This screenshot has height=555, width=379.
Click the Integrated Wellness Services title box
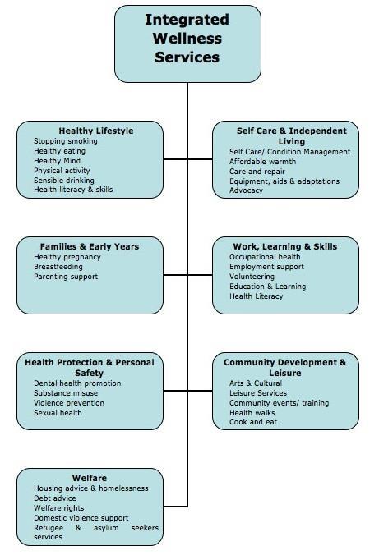click(x=187, y=44)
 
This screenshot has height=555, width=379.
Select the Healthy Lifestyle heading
click(x=96, y=131)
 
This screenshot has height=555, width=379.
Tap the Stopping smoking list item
click(x=66, y=141)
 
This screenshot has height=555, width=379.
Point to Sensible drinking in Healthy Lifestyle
click(x=64, y=180)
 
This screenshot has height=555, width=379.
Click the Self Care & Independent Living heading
click(x=291, y=136)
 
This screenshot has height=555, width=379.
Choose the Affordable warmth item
click(x=263, y=162)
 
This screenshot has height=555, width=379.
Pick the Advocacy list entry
click(x=246, y=190)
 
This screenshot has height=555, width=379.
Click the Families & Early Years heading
click(x=90, y=246)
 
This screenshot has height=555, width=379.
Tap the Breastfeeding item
click(x=58, y=267)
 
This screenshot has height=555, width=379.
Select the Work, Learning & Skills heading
click(x=285, y=246)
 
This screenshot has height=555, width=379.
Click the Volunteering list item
click(x=252, y=277)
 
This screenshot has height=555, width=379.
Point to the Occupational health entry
click(x=265, y=257)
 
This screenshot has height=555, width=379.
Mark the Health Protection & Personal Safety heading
click(x=90, y=368)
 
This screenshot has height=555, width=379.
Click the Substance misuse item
click(x=66, y=393)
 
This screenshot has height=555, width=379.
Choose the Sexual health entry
click(x=58, y=413)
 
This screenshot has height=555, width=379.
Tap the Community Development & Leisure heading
click(x=284, y=368)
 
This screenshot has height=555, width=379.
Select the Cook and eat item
click(x=253, y=422)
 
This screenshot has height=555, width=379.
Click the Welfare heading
click(x=90, y=478)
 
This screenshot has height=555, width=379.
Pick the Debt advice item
click(x=55, y=498)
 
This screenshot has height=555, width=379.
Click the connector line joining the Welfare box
click(x=175, y=507)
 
